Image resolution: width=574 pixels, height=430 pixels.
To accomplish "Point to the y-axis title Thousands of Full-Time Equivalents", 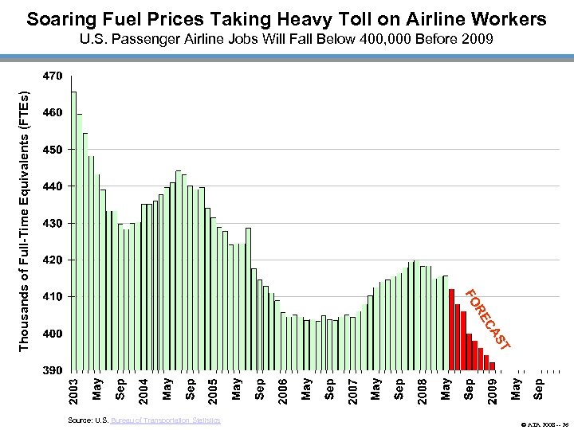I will [25, 219].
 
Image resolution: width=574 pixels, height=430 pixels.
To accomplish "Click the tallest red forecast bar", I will [451, 330].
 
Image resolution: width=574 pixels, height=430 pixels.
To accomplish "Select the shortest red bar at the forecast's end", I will [493, 366].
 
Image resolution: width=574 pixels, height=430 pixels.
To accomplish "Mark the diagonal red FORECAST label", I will [486, 319].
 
